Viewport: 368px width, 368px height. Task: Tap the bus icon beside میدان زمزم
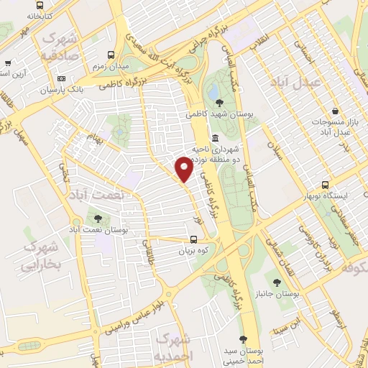click(111, 55)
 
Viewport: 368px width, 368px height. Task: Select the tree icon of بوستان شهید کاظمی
click(219, 103)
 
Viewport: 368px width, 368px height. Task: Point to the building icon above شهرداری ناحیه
click(215, 138)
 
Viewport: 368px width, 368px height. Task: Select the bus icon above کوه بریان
click(193, 241)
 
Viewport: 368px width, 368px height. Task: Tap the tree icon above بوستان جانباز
click(277, 282)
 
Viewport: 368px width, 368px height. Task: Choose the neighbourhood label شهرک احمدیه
click(173, 348)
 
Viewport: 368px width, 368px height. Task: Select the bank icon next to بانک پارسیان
click(62, 78)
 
